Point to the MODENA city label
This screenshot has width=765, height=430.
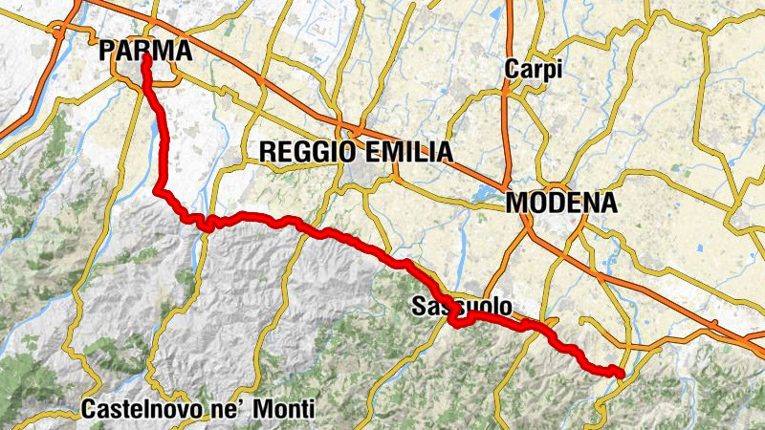pyautogui.click(x=561, y=203)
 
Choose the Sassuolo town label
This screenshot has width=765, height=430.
pyautogui.click(x=460, y=307)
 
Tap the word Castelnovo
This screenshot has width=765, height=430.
pyautogui.click(x=143, y=409)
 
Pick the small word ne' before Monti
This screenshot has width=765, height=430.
pyautogui.click(x=232, y=409)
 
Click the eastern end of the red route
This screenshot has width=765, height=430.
pyautogui.click(x=622, y=374)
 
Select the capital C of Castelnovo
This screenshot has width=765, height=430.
pyautogui.click(x=89, y=409)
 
